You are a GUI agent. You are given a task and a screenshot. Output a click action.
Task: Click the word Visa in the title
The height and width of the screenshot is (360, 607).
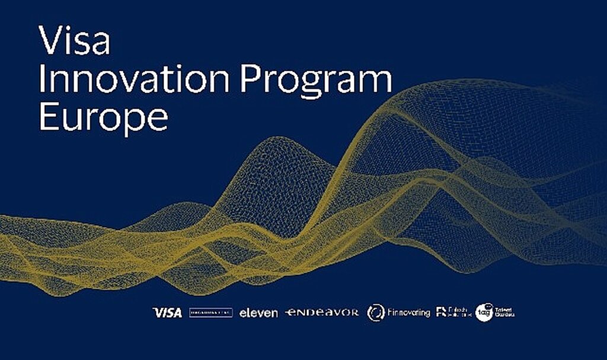pyautogui.click(x=74, y=41)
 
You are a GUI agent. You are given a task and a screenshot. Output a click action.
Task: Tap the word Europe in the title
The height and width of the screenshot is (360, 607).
pyautogui.click(x=103, y=119)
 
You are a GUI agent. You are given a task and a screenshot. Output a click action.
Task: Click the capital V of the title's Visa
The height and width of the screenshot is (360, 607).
pyautogui.click(x=50, y=41)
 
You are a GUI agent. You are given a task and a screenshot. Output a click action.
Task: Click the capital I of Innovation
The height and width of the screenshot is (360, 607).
pyautogui.click(x=41, y=79)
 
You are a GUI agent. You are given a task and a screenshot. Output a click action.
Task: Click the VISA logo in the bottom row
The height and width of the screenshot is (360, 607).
pyautogui.click(x=167, y=312)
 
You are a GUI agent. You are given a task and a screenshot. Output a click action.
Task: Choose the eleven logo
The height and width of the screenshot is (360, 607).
pyautogui.click(x=258, y=313)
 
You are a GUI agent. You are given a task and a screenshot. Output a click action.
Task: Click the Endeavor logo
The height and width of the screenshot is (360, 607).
pyautogui.click(x=322, y=312)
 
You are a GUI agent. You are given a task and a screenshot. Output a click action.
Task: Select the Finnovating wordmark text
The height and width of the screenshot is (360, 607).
pyautogui.click(x=408, y=312)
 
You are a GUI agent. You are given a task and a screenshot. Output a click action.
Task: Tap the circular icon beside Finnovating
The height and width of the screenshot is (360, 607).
pyautogui.click(x=376, y=312)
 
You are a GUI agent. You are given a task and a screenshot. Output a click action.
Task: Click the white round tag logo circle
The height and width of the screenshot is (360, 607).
pyautogui.click(x=484, y=312)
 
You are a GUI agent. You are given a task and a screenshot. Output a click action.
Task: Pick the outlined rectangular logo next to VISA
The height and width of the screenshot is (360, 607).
pyautogui.click(x=210, y=312)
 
